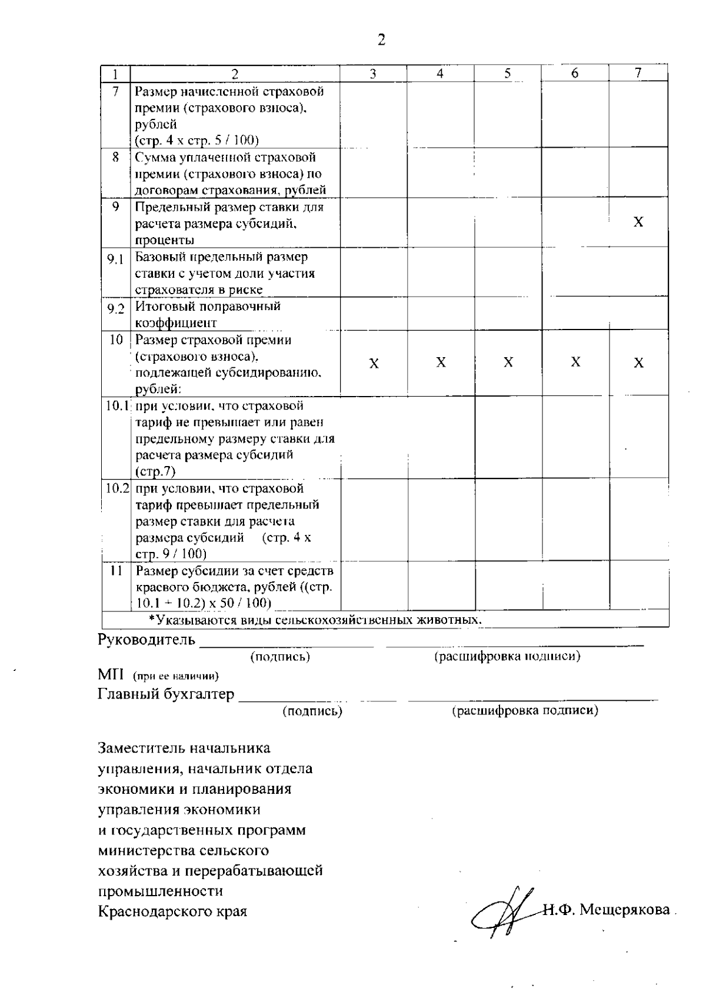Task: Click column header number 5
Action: tap(508, 73)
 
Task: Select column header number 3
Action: tap(373, 73)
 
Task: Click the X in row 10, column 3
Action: tap(374, 364)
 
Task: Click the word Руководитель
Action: tap(146, 640)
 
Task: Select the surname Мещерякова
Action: tap(625, 910)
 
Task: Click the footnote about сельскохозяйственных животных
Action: tap(315, 620)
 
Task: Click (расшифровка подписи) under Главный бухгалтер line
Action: tap(525, 711)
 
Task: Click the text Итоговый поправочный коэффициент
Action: tap(207, 314)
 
